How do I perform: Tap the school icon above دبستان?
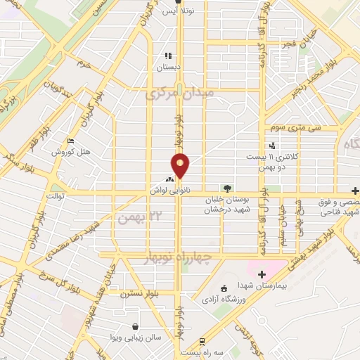(x=167, y=56)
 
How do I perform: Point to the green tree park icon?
(x=226, y=188)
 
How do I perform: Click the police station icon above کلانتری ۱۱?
(x=271, y=146)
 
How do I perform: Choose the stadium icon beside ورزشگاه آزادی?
(x=224, y=288)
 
